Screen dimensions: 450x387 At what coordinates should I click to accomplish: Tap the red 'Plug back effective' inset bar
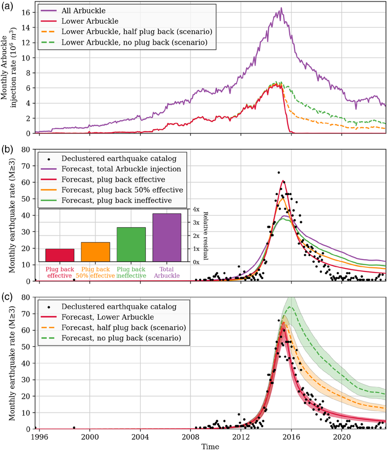coord(60,255)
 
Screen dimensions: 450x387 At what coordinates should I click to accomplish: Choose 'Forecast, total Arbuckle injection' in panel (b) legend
coord(124,168)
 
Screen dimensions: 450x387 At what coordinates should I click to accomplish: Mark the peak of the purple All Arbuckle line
coord(281,8)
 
